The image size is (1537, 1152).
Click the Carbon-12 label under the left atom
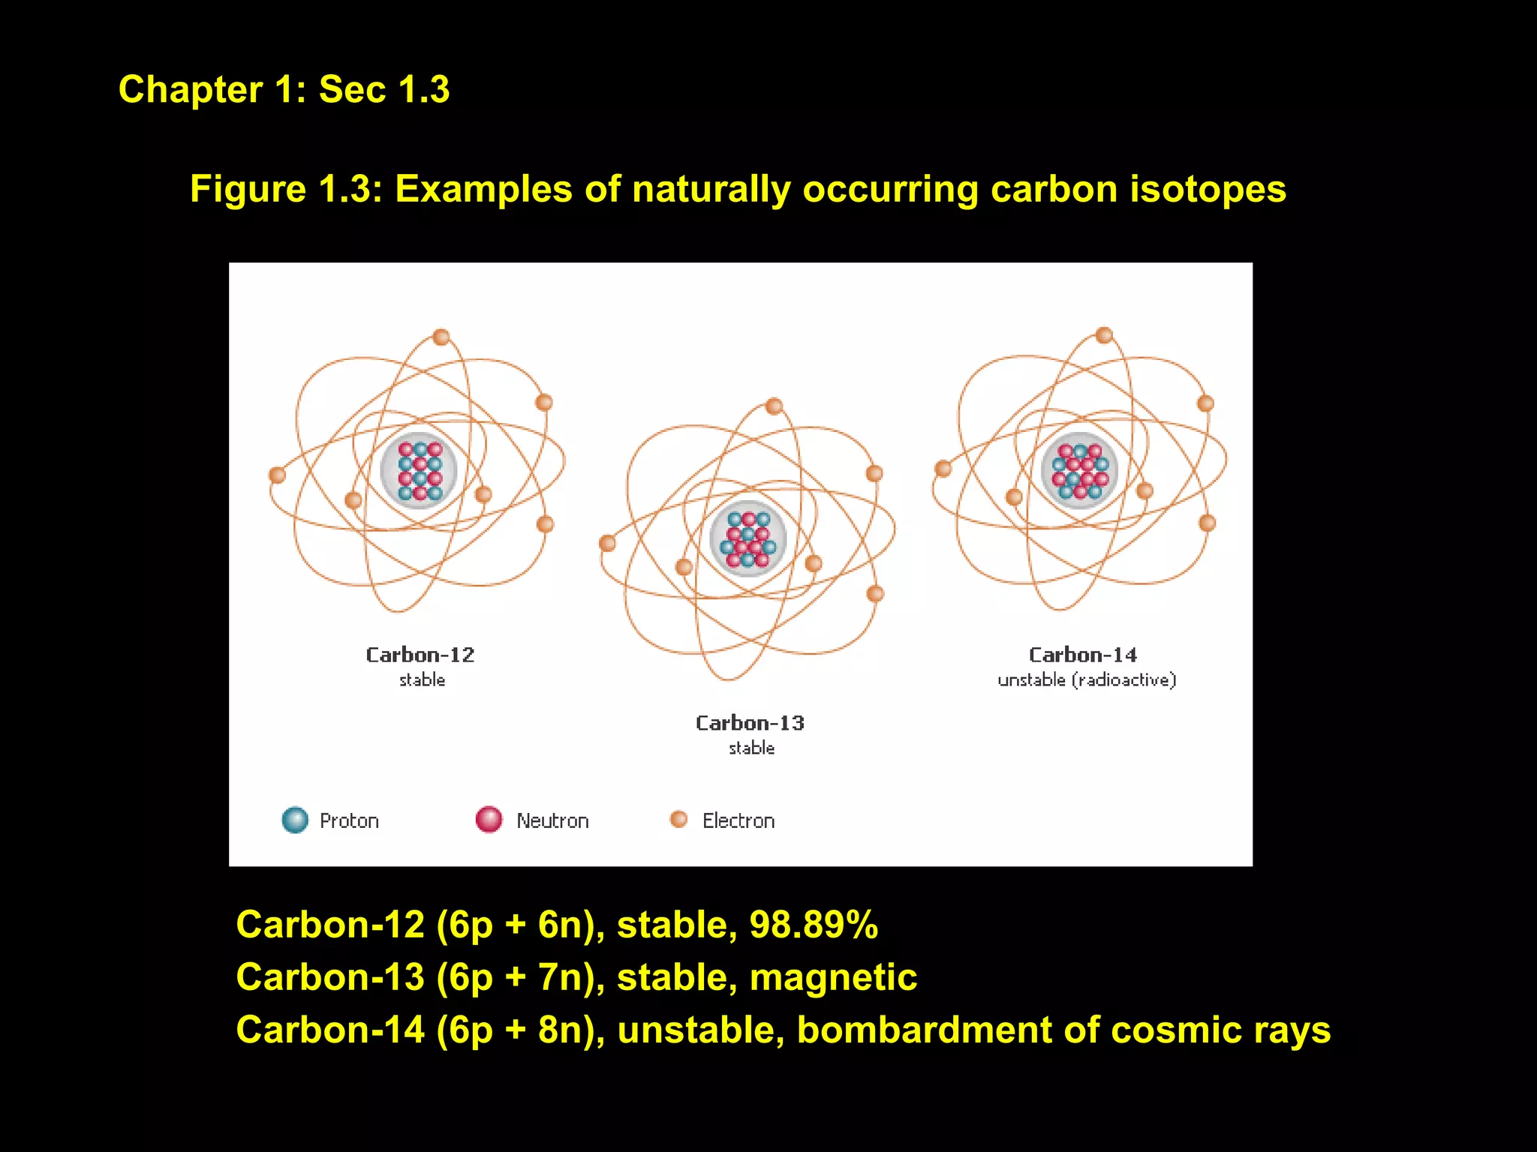pyautogui.click(x=420, y=655)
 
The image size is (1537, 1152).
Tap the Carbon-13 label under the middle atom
pyautogui.click(x=750, y=723)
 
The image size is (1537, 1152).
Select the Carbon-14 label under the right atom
pyautogui.click(x=1082, y=655)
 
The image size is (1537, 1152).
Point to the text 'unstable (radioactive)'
pyautogui.click(x=1087, y=679)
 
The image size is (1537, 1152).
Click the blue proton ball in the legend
pyautogui.click(x=295, y=820)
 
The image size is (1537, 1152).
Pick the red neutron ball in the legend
pyautogui.click(x=489, y=819)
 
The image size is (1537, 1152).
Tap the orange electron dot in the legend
pyautogui.click(x=678, y=819)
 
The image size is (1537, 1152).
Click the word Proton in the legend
pyautogui.click(x=349, y=820)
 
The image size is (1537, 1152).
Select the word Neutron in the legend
pyautogui.click(x=552, y=820)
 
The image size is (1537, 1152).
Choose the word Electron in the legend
pyautogui.click(x=738, y=820)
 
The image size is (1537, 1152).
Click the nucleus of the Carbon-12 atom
pyautogui.click(x=419, y=471)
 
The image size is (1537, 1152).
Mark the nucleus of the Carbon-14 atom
pyautogui.click(x=1079, y=471)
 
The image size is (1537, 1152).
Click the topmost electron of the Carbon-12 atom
pyautogui.click(x=441, y=337)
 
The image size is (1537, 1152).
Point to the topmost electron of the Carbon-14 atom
pyautogui.click(x=1104, y=335)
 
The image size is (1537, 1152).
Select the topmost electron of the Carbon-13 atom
pyautogui.click(x=774, y=406)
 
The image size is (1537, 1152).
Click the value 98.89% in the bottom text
pyautogui.click(x=814, y=924)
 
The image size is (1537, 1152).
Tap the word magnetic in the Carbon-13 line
pyautogui.click(x=833, y=977)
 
